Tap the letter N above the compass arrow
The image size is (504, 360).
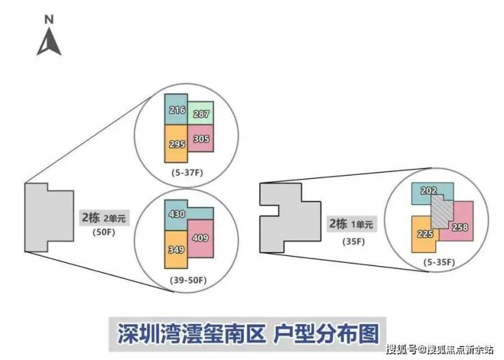pyautogui.click(x=49, y=20)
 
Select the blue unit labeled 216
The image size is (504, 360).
pyautogui.click(x=176, y=109)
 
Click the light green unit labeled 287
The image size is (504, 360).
pyautogui.click(x=201, y=113)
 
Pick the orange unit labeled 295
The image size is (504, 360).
pyautogui.click(x=176, y=144)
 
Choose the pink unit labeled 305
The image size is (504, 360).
pyautogui.click(x=201, y=138)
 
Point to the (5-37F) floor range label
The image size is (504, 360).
pyautogui.click(x=187, y=173)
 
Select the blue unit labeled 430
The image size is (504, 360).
pyautogui.click(x=176, y=214)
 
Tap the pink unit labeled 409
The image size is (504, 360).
pyautogui.click(x=201, y=238)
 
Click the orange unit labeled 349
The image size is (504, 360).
pyautogui.click(x=176, y=250)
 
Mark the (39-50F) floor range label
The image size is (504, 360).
pyautogui.click(x=188, y=280)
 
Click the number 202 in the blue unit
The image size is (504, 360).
pyautogui.click(x=429, y=191)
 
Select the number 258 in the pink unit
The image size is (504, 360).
pyautogui.click(x=460, y=227)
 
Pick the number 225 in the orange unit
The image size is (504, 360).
pyautogui.click(x=425, y=234)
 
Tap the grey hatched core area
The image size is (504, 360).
pyautogui.click(x=442, y=212)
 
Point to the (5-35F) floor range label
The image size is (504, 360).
pyautogui.click(x=439, y=263)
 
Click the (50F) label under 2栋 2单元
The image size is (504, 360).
pyautogui.click(x=104, y=232)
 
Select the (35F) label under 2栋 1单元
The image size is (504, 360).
pyautogui.click(x=354, y=241)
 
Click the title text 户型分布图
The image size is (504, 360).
pyautogui.click(x=326, y=333)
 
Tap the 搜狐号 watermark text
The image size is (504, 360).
pyautogui.click(x=402, y=349)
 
